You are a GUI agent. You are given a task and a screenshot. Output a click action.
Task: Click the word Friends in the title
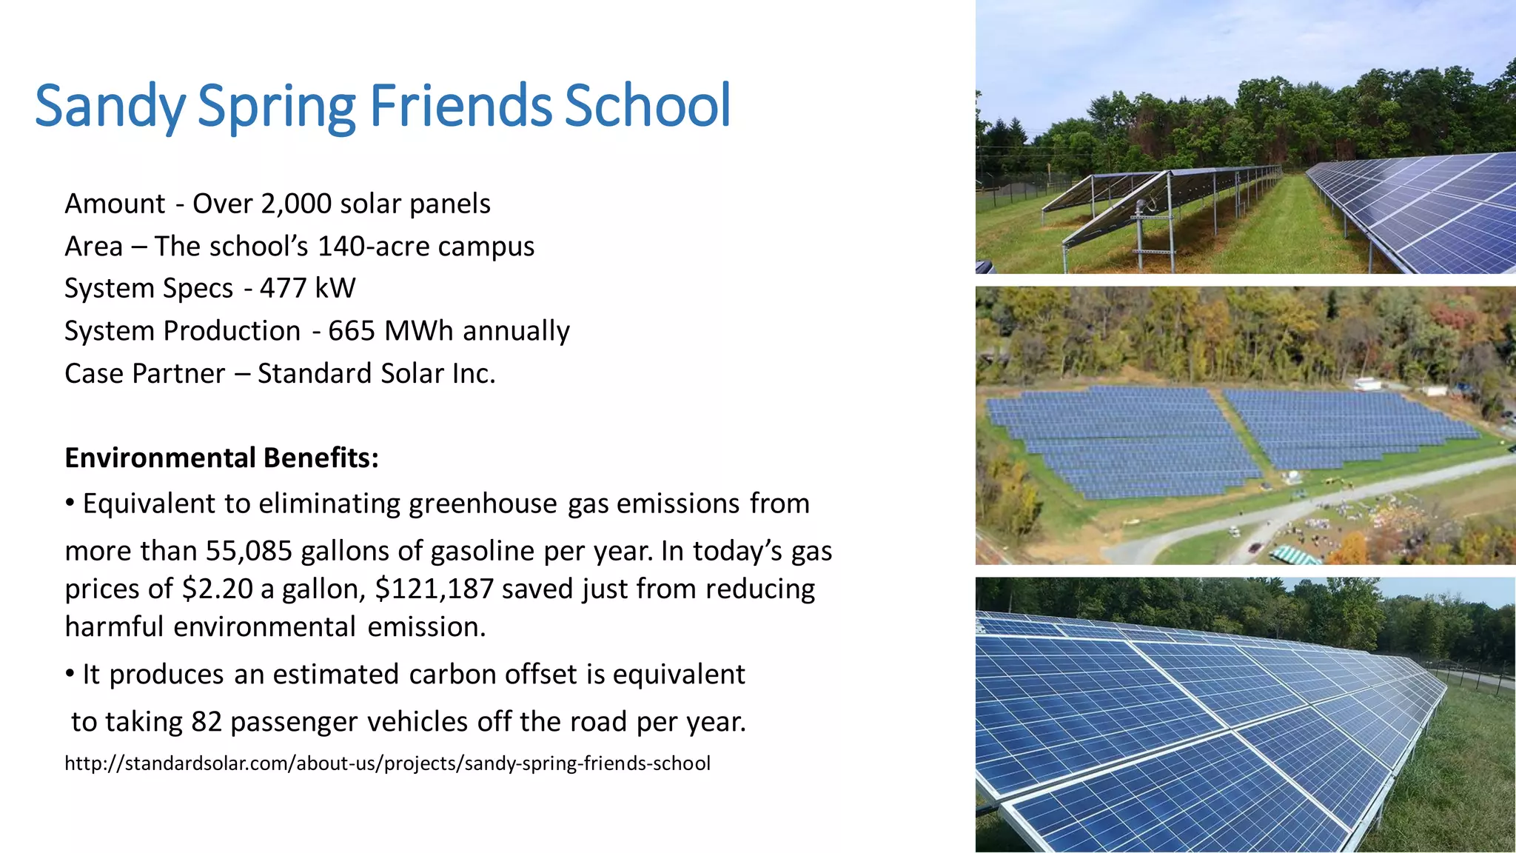pyautogui.click(x=460, y=106)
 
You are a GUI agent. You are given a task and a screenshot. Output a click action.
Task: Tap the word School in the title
pyautogui.click(x=648, y=106)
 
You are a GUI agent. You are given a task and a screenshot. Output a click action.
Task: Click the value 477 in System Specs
pyautogui.click(x=281, y=288)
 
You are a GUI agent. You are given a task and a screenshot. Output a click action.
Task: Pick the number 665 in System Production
pyautogui.click(x=352, y=331)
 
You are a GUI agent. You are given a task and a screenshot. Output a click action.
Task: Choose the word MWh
pyautogui.click(x=420, y=331)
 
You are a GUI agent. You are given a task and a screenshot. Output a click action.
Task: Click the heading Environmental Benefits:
pyautogui.click(x=221, y=458)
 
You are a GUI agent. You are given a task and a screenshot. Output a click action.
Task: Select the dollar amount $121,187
pyautogui.click(x=434, y=589)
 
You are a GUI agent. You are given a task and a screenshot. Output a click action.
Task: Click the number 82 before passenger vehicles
pyautogui.click(x=207, y=721)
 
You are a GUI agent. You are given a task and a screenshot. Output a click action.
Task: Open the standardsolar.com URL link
pyautogui.click(x=387, y=763)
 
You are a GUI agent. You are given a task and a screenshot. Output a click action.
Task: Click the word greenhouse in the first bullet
pyautogui.click(x=483, y=504)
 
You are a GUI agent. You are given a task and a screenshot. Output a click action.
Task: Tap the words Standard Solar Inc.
pyautogui.click(x=376, y=374)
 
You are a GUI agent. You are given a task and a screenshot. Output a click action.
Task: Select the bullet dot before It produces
pyautogui.click(x=70, y=674)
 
